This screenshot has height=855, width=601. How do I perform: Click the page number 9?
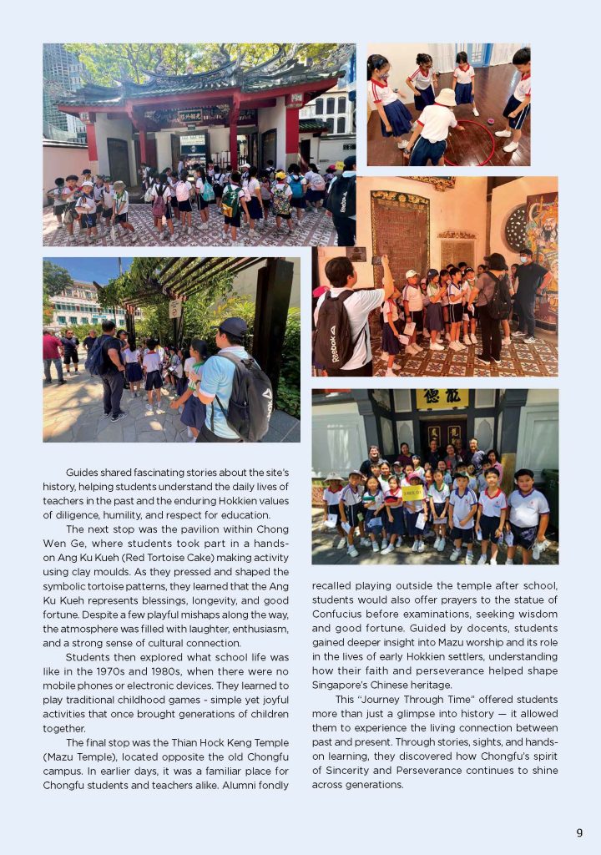(579, 832)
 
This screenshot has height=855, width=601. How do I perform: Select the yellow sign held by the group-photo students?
(412, 493)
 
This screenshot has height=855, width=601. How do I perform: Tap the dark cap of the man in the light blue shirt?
(235, 325)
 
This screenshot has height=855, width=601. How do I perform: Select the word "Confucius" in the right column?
(337, 614)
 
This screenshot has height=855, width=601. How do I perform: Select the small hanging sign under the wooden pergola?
(175, 308)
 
